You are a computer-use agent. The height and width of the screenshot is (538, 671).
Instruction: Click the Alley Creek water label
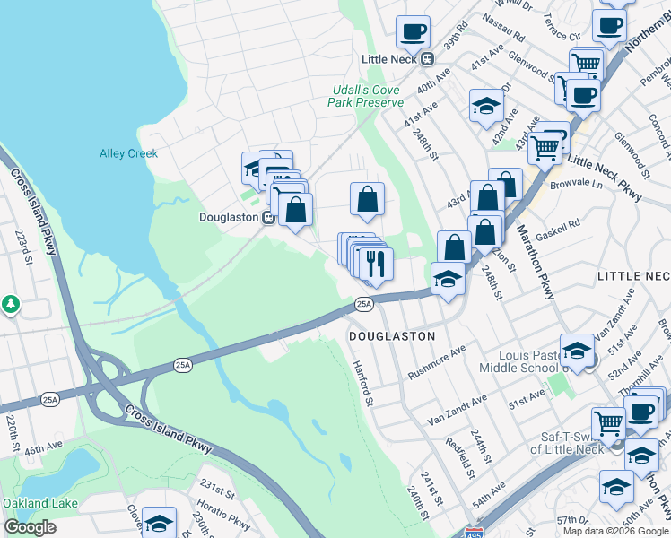point(128,153)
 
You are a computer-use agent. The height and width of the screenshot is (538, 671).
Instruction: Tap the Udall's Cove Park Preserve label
point(368,96)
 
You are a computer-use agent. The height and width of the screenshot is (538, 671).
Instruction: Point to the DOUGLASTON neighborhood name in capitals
point(391,335)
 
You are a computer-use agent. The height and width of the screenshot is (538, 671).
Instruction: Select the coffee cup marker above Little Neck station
point(414,32)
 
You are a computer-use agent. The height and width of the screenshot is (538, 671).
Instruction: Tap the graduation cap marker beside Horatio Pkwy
point(160,524)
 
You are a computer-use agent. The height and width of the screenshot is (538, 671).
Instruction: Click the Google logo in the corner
point(30,527)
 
